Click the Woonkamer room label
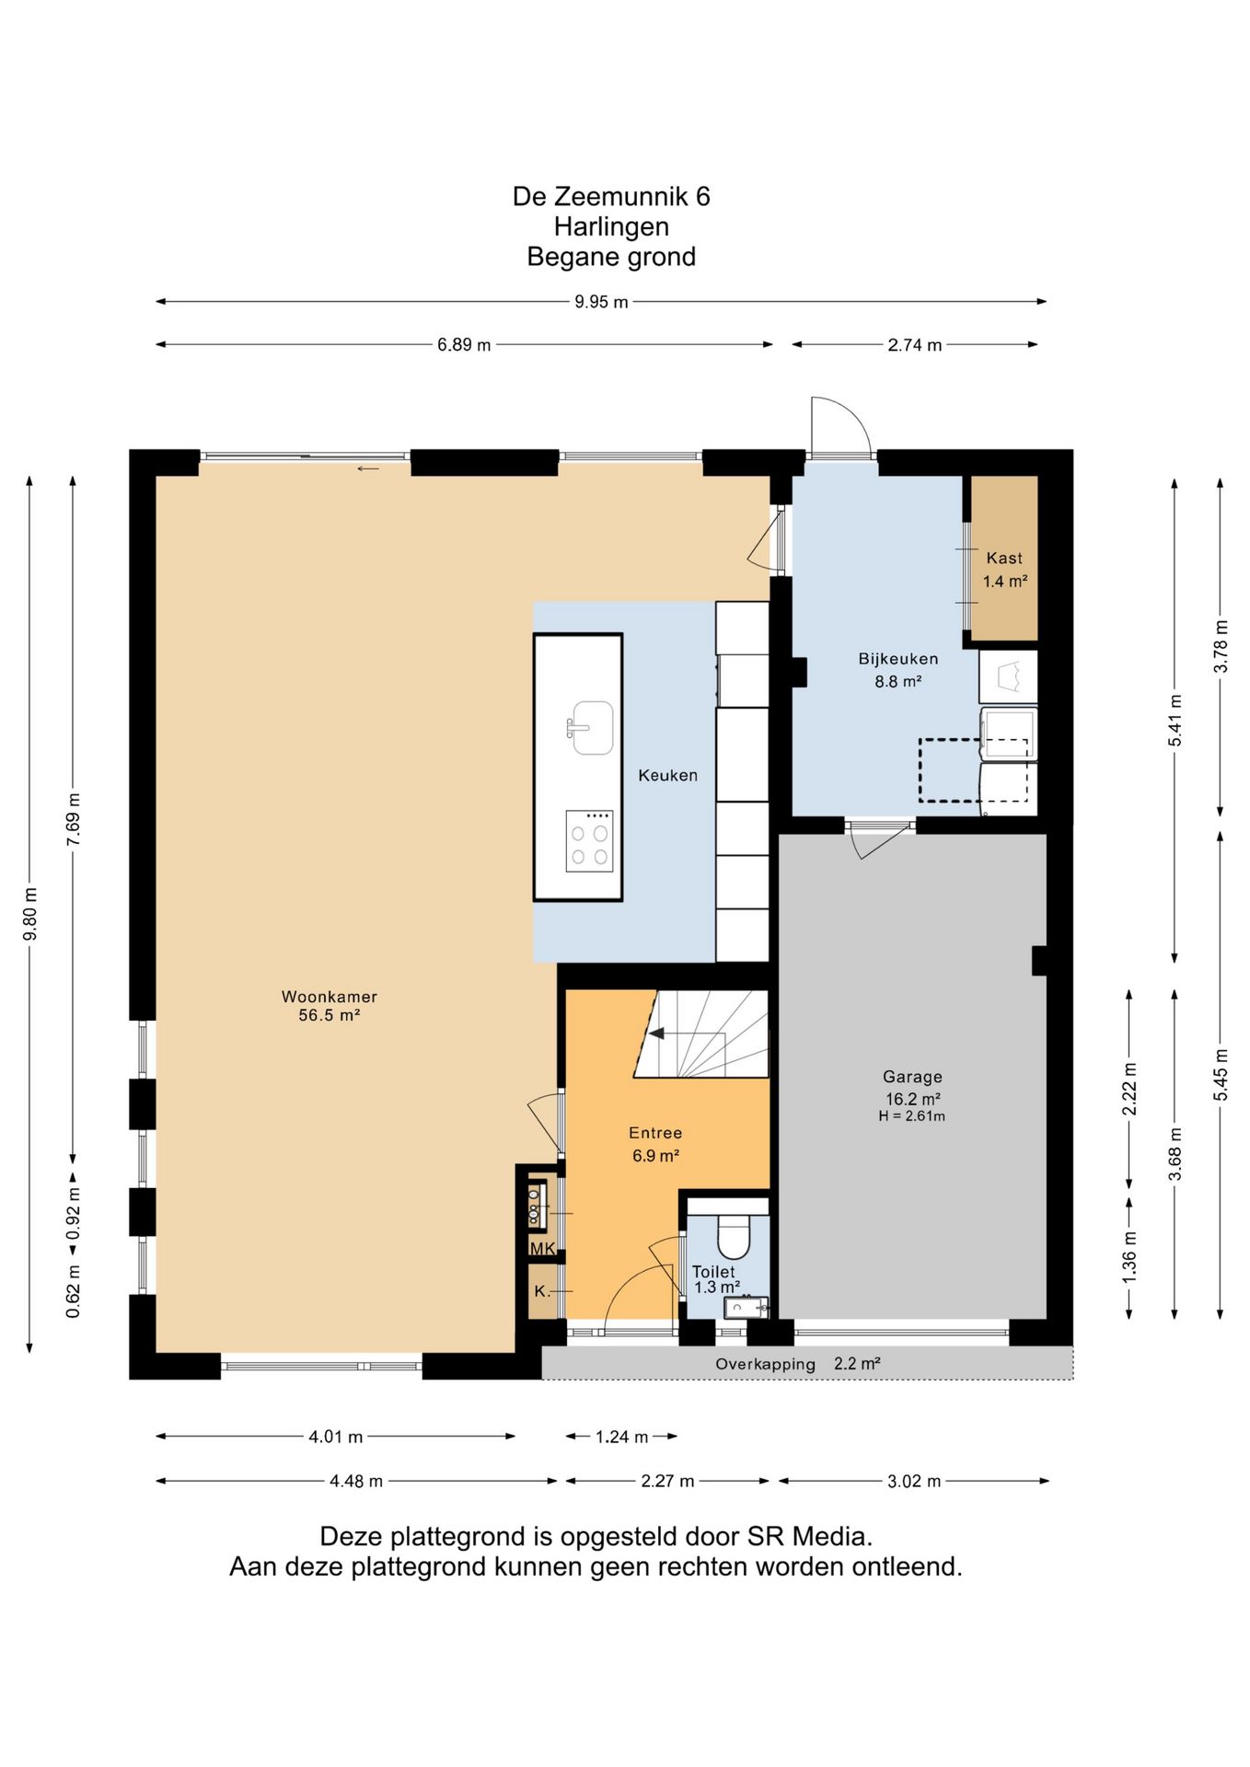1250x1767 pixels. click(330, 997)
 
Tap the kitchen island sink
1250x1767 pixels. click(590, 727)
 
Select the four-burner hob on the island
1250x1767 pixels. click(589, 841)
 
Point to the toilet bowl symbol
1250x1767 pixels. click(734, 1236)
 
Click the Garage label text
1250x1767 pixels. click(912, 1077)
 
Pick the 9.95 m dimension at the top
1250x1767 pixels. click(601, 302)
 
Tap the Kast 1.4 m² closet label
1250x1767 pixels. click(1004, 570)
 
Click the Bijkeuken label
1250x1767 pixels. click(898, 659)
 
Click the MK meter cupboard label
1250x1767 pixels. click(542, 1249)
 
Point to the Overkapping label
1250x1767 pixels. click(766, 1365)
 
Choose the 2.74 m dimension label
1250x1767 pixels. click(915, 345)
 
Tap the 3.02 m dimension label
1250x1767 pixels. click(914, 1482)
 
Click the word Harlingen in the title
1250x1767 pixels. click(611, 226)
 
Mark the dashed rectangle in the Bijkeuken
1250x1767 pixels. click(973, 770)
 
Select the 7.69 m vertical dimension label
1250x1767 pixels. click(74, 820)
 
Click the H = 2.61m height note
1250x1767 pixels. click(912, 1116)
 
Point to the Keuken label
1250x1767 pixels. click(668, 776)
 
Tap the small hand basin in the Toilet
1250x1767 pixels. click(745, 1307)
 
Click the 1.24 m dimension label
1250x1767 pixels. click(622, 1438)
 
